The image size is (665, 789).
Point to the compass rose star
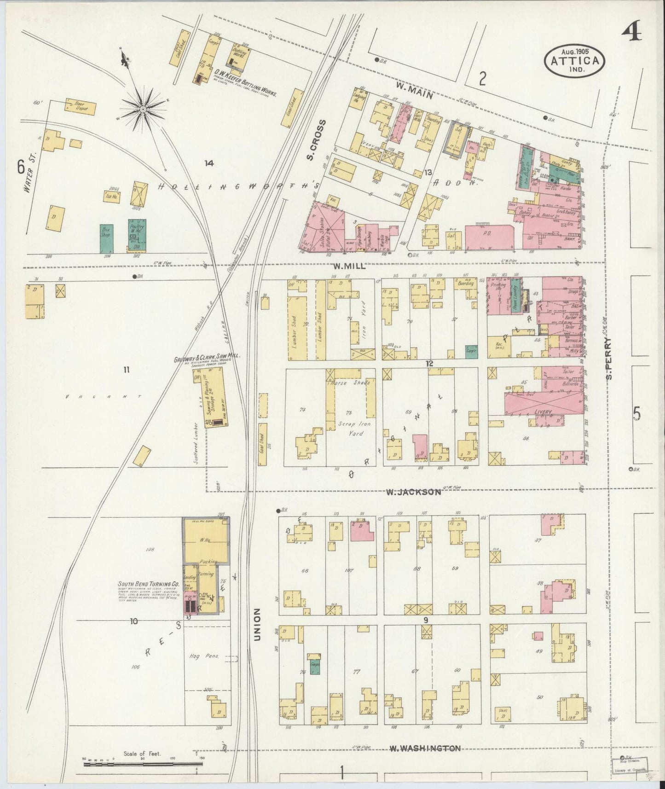143,109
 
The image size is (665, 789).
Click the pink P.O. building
489,236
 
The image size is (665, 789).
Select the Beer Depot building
81,107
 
